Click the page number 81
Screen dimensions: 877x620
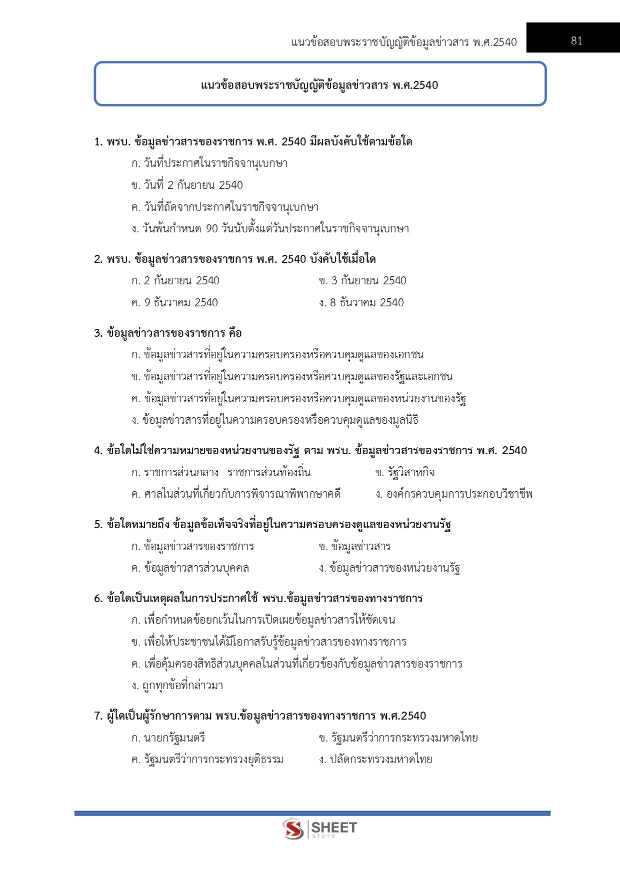coord(576,41)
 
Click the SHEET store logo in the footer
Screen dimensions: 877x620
coord(319,829)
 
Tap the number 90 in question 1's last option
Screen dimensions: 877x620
coord(212,229)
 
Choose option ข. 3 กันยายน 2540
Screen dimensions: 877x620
coord(362,281)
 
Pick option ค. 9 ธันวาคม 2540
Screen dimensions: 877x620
coord(174,303)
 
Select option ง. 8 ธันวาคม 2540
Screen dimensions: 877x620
coord(361,303)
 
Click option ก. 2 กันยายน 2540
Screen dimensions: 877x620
coord(175,281)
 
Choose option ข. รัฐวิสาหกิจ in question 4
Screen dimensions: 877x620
coord(405,473)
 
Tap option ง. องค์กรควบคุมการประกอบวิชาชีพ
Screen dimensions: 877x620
coord(454,495)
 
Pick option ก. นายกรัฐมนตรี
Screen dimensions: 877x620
coord(168,738)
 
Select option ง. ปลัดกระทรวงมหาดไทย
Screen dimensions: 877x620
coord(375,760)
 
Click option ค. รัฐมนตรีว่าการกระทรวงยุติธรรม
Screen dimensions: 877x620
coord(207,760)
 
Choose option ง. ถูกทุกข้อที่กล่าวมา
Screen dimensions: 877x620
coord(177,686)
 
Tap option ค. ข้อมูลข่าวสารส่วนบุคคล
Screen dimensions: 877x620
coord(190,568)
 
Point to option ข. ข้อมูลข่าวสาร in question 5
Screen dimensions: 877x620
coord(354,547)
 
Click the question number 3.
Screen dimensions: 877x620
coord(98,333)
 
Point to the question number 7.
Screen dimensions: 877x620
coord(98,716)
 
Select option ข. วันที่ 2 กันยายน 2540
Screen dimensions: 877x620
coord(187,185)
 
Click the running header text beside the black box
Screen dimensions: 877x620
coord(404,42)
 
